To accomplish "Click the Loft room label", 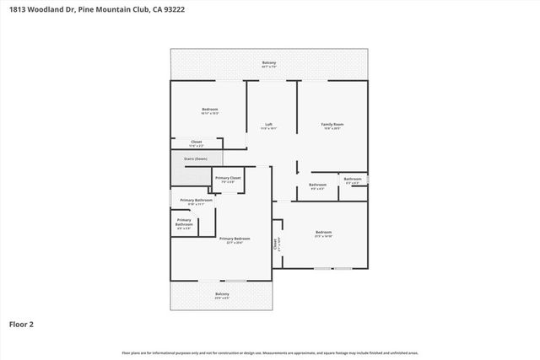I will tap(268, 125).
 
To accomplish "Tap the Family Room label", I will tap(332, 125).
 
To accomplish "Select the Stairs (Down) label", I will tap(196, 159).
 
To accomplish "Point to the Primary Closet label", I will tap(228, 178).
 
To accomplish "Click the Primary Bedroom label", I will tap(235, 239).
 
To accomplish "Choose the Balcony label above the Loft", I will tap(269, 63).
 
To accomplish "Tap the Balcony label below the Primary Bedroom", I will tap(222, 293).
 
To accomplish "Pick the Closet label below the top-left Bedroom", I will tap(196, 142).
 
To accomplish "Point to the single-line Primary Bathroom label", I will tap(196, 200).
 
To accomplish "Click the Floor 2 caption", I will tap(22, 323).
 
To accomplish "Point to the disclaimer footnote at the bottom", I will tap(269, 352).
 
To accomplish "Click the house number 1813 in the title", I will tap(17, 10).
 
